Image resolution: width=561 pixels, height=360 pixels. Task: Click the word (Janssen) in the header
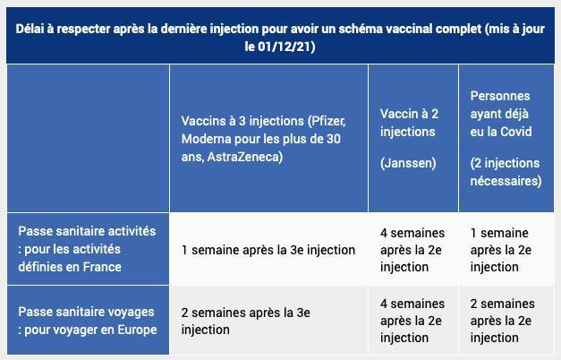tap(408, 163)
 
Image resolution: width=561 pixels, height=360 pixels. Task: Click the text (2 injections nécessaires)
tap(506, 171)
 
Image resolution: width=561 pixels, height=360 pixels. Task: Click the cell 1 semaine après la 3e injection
tap(268, 250)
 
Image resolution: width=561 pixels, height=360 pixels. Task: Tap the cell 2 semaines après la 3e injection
tap(245, 321)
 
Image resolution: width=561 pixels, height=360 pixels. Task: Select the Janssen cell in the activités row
tap(412, 249)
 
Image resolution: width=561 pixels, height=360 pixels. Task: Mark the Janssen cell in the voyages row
tap(412, 321)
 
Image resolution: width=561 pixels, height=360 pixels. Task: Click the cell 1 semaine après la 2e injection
tap(500, 249)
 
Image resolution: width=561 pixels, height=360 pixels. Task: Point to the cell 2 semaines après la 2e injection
tap(502, 321)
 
